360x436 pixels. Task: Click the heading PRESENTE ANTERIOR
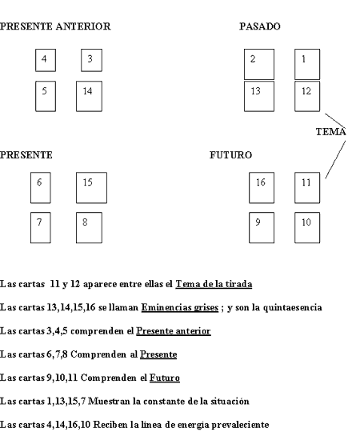pyautogui.click(x=55, y=26)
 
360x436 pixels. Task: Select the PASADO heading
pyautogui.click(x=260, y=26)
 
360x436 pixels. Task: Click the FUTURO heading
pyautogui.click(x=230, y=155)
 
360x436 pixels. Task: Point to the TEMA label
pyautogui.click(x=331, y=131)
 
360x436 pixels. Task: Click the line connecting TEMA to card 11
pyautogui.click(x=335, y=160)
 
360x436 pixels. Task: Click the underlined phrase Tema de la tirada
pyautogui.click(x=214, y=284)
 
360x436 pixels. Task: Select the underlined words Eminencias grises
pyautogui.click(x=180, y=307)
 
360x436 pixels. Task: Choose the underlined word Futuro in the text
pyautogui.click(x=165, y=378)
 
